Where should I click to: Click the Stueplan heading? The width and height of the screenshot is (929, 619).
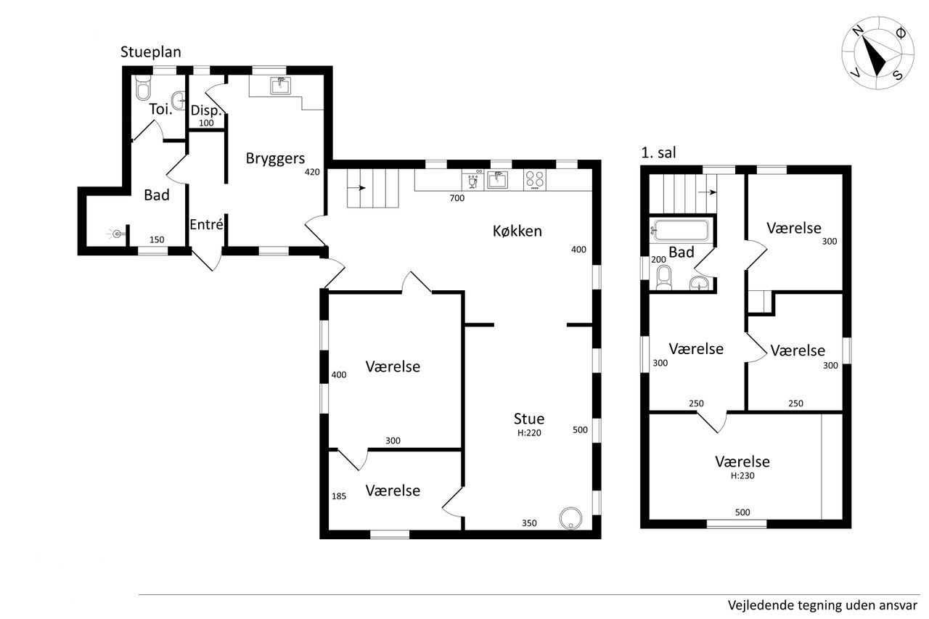coord(150,52)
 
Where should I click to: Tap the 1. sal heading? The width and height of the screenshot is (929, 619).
coord(658,152)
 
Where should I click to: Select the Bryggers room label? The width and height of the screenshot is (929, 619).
coord(275,159)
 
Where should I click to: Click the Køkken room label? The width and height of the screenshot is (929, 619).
coord(517,231)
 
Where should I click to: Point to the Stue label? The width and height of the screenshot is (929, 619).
coord(529,419)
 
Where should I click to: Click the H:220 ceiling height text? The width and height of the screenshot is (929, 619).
coord(529,433)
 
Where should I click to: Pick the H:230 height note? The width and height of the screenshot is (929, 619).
coord(742,475)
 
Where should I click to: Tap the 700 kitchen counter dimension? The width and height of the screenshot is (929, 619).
coord(457,198)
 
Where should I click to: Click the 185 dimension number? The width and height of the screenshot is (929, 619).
coord(339,496)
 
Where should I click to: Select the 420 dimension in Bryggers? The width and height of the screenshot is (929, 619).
coord(312,172)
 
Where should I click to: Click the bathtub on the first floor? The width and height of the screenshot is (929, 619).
coord(681,231)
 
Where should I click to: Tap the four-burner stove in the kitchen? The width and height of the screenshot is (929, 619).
coord(535,181)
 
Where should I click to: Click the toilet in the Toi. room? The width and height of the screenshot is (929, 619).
coord(143,88)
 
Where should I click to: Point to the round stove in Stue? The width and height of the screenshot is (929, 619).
coord(570,518)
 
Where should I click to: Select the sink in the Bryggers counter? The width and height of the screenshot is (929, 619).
coord(281,86)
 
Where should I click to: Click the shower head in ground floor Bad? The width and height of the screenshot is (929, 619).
coord(117,234)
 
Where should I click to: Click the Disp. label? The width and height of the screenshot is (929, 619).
coord(205,111)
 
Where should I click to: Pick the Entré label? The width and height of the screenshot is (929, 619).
coord(206,224)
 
